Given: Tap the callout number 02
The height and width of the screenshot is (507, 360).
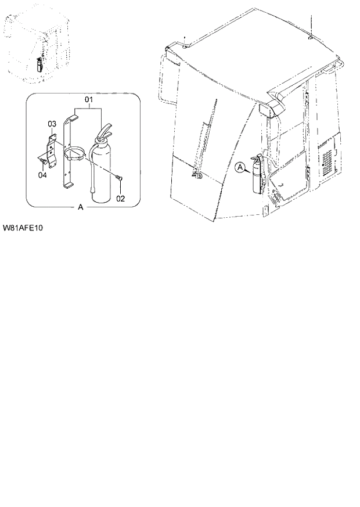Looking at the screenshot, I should tap(120, 199).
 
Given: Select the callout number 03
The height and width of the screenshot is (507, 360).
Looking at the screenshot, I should tap(51, 124).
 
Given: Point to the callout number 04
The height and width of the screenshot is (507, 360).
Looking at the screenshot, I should tap(42, 175).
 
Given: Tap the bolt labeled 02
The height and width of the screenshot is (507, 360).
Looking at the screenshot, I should tap(118, 178).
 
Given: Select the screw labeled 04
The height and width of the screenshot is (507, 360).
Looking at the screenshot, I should tap(43, 160).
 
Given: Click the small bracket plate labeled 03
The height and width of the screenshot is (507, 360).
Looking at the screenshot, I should tap(52, 149).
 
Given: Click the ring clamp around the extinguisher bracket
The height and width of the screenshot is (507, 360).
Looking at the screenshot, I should tap(75, 154).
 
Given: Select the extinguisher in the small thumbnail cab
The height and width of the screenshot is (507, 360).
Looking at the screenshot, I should tap(39, 63).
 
